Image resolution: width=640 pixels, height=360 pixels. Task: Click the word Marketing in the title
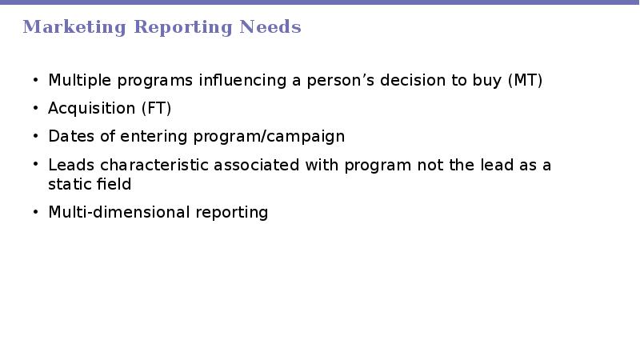point(74,27)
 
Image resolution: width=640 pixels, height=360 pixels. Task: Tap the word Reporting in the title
point(183,27)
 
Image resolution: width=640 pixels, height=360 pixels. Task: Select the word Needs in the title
point(270,26)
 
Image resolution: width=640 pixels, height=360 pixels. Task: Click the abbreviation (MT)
point(526,80)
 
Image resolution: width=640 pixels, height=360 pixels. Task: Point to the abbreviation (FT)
point(156,108)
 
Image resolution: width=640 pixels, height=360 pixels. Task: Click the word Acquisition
point(91,109)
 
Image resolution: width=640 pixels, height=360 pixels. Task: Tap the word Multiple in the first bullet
point(79,81)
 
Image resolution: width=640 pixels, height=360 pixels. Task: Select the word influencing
point(242,81)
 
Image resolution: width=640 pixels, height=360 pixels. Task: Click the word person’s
point(341,81)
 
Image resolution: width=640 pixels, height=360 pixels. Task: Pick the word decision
point(413,80)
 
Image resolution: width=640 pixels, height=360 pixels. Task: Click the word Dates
point(71,136)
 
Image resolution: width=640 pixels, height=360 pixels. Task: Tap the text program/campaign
point(269,137)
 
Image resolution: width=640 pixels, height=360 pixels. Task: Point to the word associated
point(256,165)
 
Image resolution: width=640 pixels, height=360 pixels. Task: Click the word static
point(67,184)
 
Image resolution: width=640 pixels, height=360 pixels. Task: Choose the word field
point(111,184)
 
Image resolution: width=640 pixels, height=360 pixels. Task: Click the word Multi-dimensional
point(119,212)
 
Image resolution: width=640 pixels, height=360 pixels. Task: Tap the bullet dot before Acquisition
point(35,108)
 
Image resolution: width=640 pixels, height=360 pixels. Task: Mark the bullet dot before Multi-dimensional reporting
point(35,212)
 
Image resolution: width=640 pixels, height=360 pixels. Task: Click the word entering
point(154,137)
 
